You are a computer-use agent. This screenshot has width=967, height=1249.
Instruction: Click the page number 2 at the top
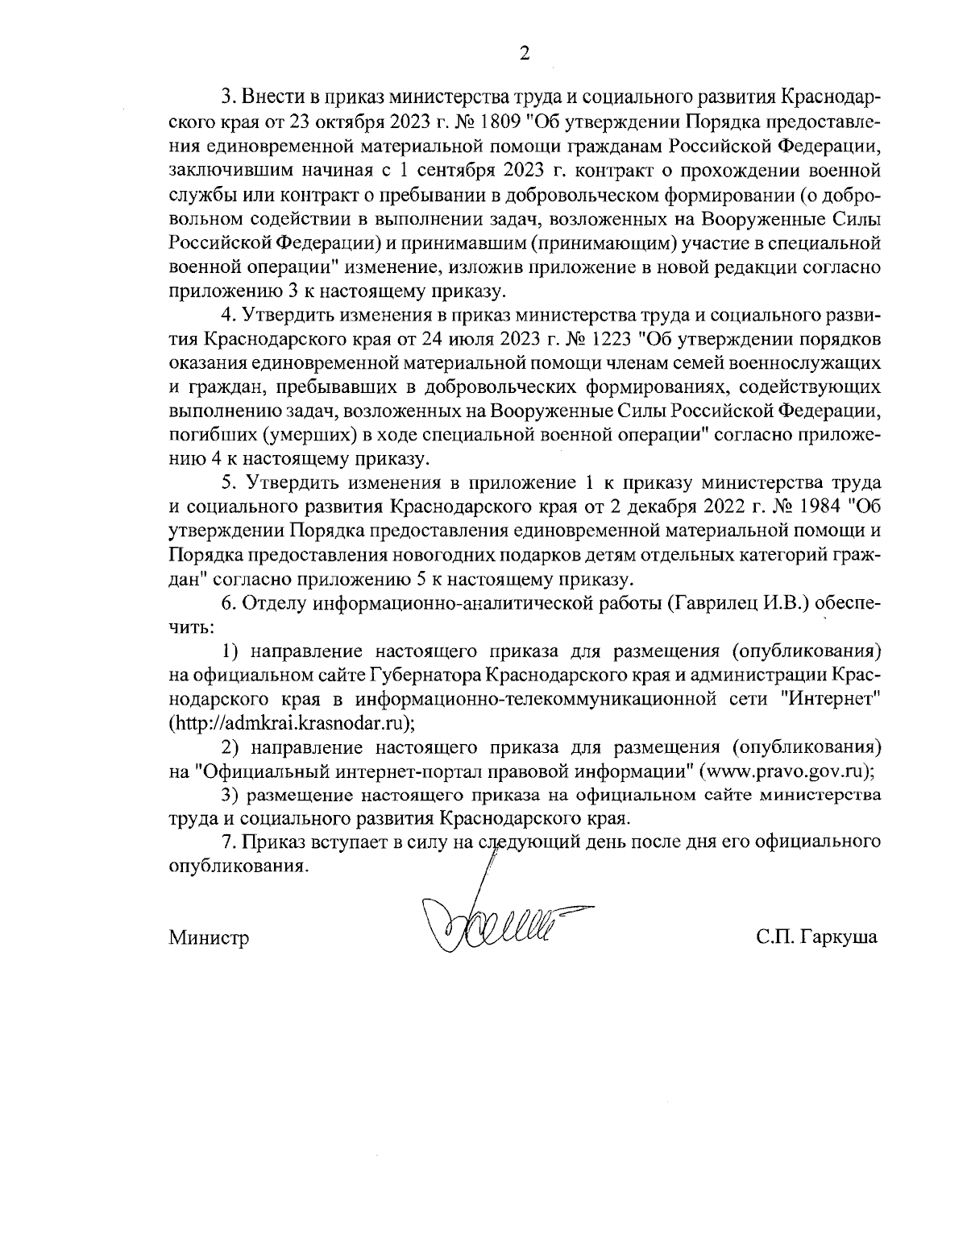click(x=525, y=55)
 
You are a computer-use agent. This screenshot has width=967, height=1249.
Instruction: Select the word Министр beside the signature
click(x=209, y=937)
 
